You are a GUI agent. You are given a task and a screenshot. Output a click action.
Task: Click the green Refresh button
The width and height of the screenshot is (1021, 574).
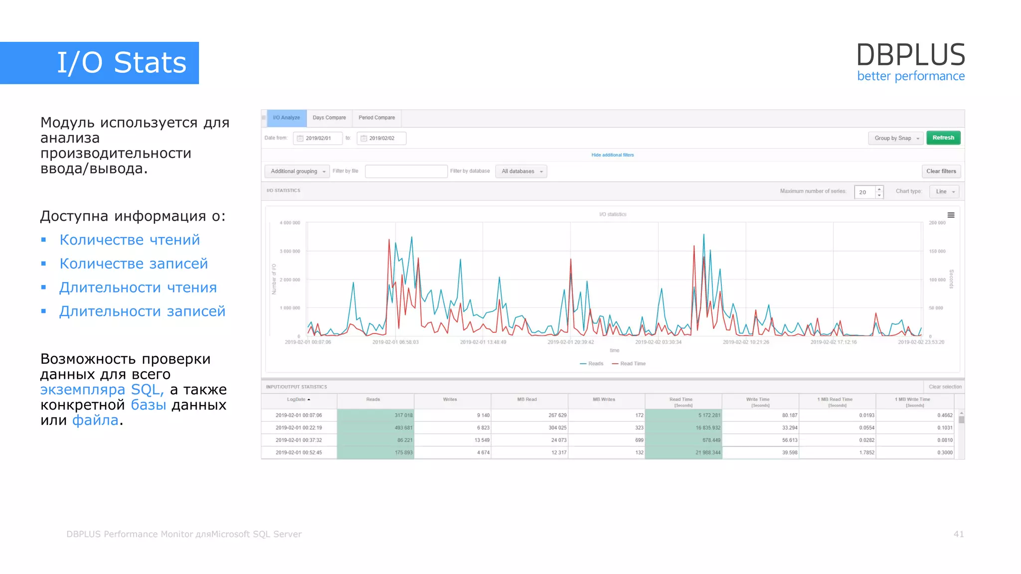click(943, 138)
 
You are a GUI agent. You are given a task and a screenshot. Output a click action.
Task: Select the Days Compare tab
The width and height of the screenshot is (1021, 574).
click(329, 118)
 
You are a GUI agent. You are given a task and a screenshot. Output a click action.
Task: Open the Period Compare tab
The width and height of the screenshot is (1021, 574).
click(376, 118)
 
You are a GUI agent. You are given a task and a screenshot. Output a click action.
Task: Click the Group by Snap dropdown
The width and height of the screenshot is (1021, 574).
click(896, 139)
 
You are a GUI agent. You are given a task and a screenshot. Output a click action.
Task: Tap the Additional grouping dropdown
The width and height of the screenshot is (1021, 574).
click(297, 171)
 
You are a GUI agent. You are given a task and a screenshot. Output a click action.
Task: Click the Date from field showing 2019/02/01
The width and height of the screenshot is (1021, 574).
click(318, 139)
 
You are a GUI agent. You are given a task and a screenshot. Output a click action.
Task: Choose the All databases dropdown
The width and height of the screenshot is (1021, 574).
click(521, 171)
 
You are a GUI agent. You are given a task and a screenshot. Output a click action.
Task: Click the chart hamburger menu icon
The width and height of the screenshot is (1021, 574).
click(951, 215)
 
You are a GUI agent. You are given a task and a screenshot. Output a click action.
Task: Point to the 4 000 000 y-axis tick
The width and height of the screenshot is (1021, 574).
click(290, 223)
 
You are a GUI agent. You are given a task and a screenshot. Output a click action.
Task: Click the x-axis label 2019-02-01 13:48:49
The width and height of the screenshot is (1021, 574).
click(483, 342)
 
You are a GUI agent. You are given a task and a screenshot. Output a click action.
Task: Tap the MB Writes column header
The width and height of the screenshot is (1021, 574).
click(604, 400)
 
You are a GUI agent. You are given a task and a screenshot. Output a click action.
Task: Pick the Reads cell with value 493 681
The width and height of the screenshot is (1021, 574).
click(376, 428)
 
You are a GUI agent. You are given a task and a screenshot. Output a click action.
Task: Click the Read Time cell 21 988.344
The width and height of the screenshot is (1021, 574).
click(683, 452)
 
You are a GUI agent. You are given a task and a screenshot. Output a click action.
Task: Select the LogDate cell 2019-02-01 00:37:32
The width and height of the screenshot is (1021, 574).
click(299, 440)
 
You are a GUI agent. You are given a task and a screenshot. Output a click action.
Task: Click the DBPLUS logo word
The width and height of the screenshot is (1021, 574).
click(910, 55)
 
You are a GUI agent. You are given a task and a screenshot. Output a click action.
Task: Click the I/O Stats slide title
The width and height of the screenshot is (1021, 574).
click(122, 63)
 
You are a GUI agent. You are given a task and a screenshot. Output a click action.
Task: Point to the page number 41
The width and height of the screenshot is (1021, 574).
click(958, 534)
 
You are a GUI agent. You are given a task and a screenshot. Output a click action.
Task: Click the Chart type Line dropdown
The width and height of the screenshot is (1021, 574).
click(944, 192)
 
